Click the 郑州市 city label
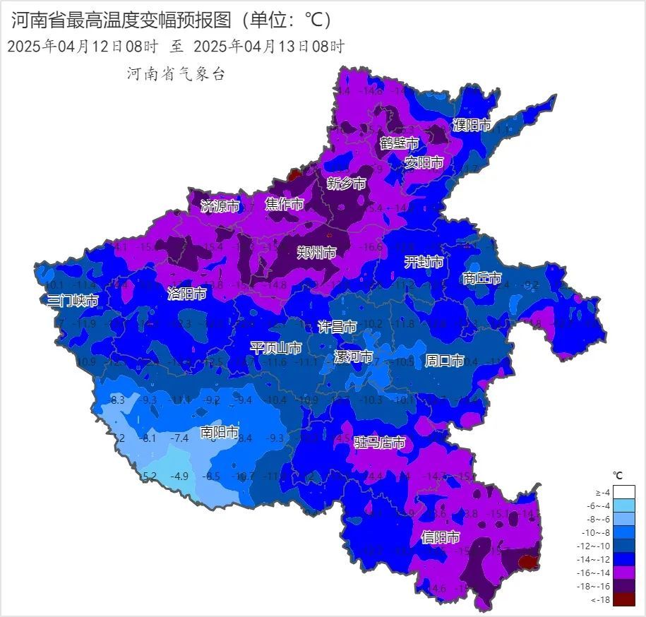pos(316,253)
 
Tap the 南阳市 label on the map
pos(219,432)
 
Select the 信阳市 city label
pos(441,537)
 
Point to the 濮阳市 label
pos(472,125)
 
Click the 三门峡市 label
pos(73,301)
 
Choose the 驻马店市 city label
pos(380,443)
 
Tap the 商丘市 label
pos(481,278)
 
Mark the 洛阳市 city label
pos(187,294)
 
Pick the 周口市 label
pos(444,361)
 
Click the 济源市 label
pos(220,206)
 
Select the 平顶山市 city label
pos(276,348)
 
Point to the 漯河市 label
pos(353,357)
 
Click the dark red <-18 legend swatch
pos(624,599)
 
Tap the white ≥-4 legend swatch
pos(624,492)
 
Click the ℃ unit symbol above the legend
pos(618,474)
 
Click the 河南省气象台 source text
pos(176,74)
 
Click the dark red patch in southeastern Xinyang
pos(527,562)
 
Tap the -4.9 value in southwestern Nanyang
pos(181,476)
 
